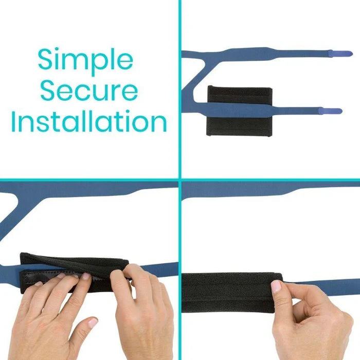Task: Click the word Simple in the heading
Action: pyautogui.click(x=85, y=61)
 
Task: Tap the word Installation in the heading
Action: pyautogui.click(x=89, y=121)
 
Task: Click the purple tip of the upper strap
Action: pyautogui.click(x=340, y=53)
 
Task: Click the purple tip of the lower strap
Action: pyautogui.click(x=330, y=111)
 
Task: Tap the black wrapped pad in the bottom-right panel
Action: pyautogui.click(x=232, y=293)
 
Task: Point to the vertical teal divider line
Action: pyautogui.click(x=180, y=180)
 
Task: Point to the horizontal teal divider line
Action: pyautogui.click(x=180, y=180)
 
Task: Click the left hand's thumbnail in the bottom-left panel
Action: pyautogui.click(x=92, y=322)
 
